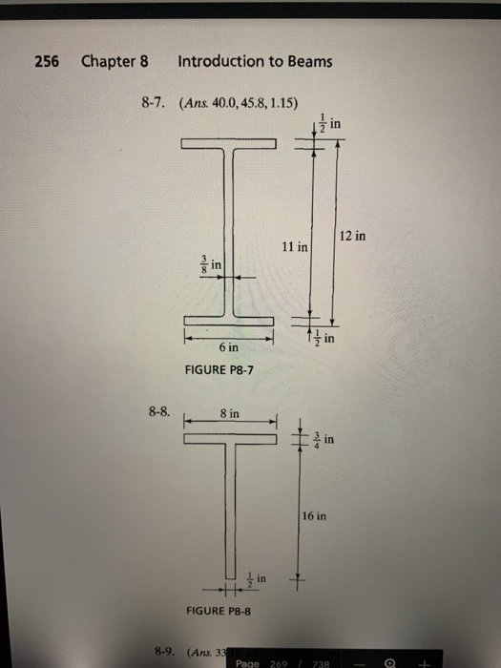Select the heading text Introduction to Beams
255,62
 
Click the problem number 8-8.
159,413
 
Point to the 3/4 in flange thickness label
325,438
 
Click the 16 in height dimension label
315,515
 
